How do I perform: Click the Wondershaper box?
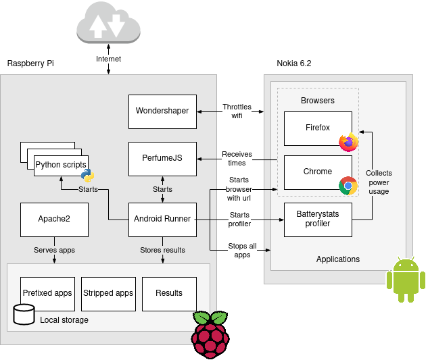162,111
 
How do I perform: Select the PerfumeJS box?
162,159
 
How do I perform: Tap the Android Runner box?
162,219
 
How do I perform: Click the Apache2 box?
54,219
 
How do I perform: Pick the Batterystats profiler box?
318,219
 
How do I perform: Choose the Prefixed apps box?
47,293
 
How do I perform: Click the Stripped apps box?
108,293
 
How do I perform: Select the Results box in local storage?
169,293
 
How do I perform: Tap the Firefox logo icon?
349,142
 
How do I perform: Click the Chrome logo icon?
348,186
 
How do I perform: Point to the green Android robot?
406,280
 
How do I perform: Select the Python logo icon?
87,176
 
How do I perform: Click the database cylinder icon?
24,314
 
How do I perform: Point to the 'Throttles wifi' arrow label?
237,111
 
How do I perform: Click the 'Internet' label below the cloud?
108,59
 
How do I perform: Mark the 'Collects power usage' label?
379,182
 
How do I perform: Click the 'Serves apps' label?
54,250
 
